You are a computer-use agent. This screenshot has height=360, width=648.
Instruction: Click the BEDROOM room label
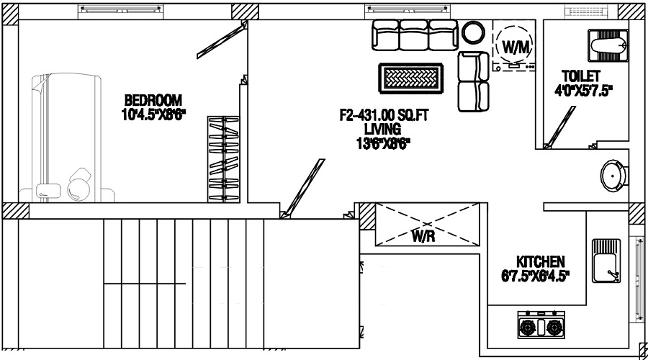click(x=153, y=100)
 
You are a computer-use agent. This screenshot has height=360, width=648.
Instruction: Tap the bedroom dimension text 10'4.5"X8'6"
click(x=153, y=113)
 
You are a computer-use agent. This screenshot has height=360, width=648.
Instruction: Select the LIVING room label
click(x=382, y=128)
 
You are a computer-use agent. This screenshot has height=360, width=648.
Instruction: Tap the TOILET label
click(x=581, y=76)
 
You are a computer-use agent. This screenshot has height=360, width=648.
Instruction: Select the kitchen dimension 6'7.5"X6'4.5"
click(x=535, y=276)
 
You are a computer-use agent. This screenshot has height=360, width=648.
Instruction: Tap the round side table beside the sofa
click(x=474, y=32)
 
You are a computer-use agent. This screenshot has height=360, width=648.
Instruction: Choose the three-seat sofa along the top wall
click(x=413, y=35)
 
